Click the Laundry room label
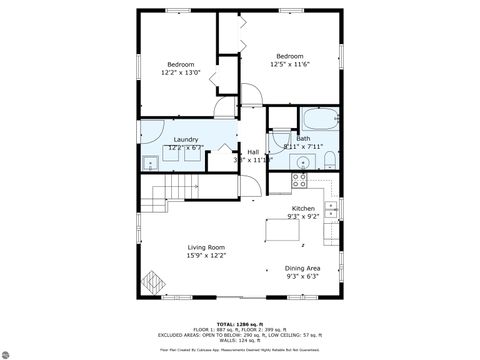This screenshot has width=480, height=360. click(x=186, y=139)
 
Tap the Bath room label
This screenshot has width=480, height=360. click(x=303, y=138)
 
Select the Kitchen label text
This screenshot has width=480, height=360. click(x=303, y=208)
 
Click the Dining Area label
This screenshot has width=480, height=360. click(x=303, y=268)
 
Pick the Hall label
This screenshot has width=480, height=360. click(x=252, y=152)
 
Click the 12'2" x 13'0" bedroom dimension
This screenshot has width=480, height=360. click(x=181, y=72)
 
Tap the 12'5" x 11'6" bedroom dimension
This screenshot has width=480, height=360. click(x=290, y=64)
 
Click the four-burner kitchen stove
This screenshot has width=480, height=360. click(x=299, y=180)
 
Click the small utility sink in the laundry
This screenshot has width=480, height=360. click(x=150, y=163)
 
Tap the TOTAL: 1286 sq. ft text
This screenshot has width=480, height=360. click(x=240, y=324)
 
